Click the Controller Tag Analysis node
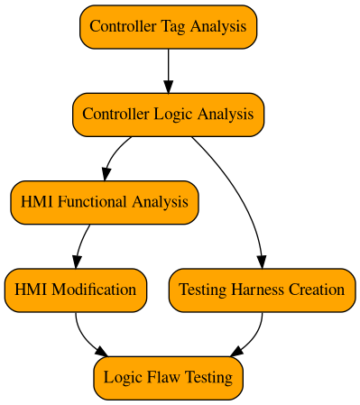[x=168, y=26]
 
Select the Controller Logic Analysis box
[x=168, y=114]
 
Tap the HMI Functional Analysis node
[x=105, y=201]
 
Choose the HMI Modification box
[x=76, y=290]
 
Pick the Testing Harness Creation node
[x=262, y=290]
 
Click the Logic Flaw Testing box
[x=168, y=377]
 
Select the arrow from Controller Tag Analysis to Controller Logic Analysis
[x=168, y=69]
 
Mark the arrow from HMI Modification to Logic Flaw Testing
[x=86, y=337]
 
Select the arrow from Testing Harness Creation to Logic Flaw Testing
[x=253, y=337]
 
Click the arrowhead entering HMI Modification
[x=76, y=261]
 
